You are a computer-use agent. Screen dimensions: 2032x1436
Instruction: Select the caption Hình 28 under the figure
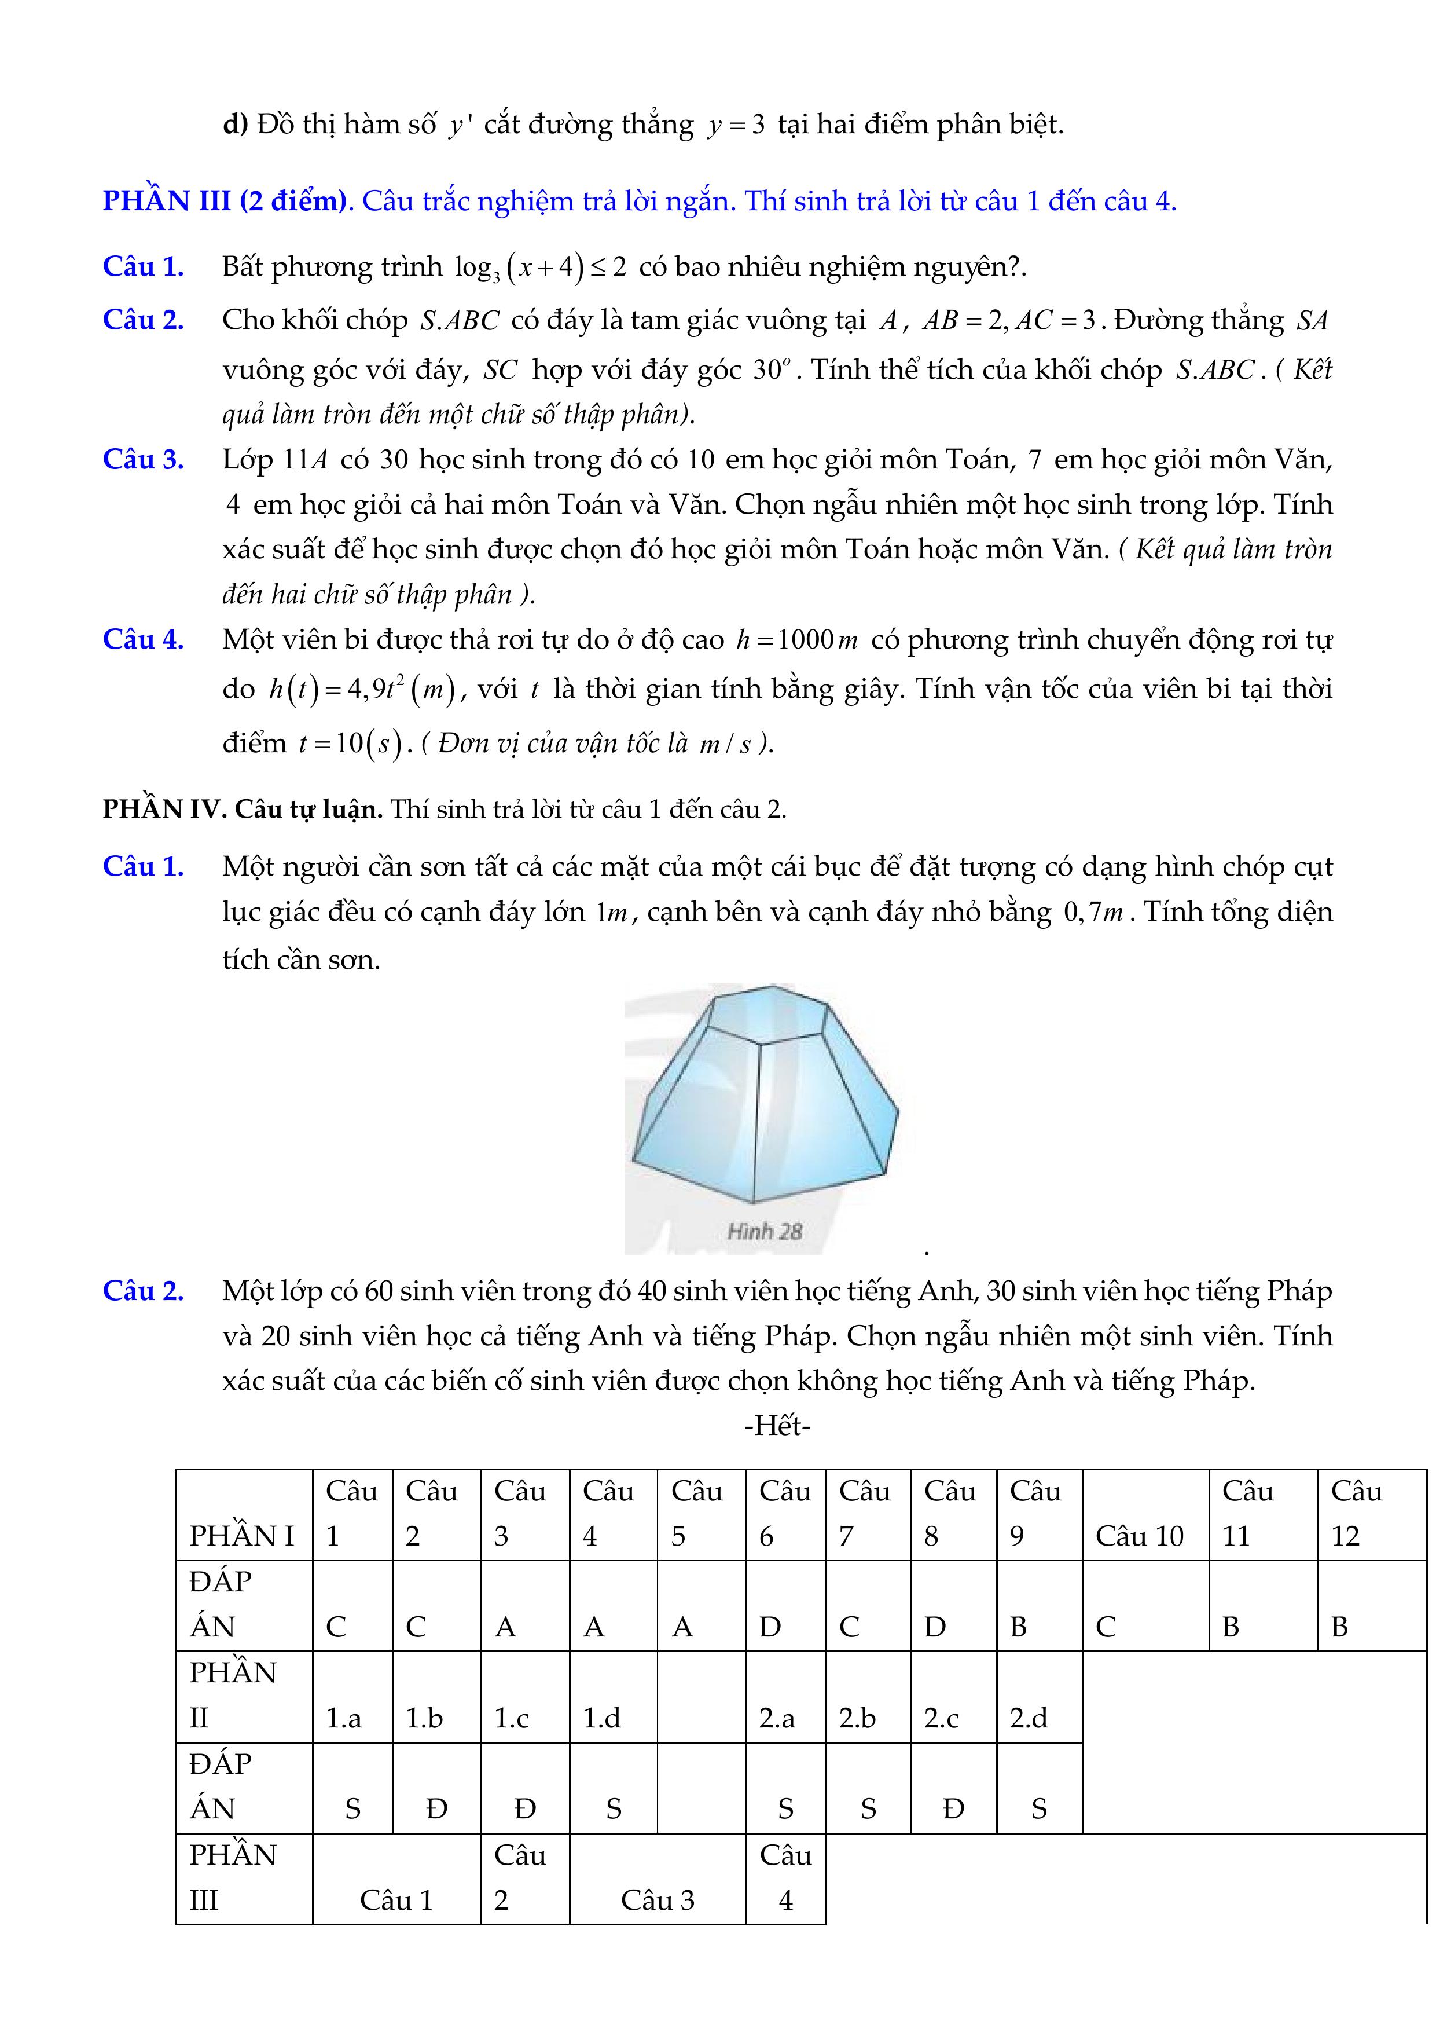[763, 1231]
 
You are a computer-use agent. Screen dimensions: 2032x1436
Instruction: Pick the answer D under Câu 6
[770, 1627]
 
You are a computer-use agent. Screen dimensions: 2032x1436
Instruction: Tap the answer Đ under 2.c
[953, 1809]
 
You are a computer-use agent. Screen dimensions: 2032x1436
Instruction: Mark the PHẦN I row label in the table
[241, 1536]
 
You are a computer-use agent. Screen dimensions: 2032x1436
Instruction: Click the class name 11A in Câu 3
[305, 460]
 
